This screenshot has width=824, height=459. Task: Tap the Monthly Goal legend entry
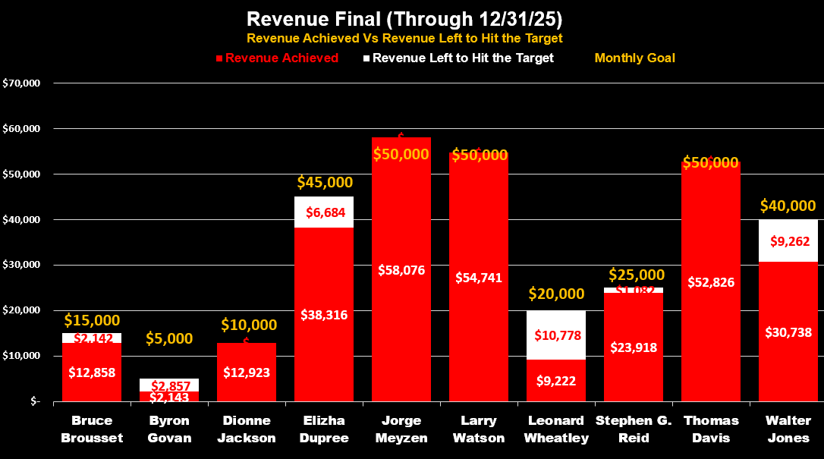(x=634, y=58)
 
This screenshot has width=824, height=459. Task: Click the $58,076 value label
(x=401, y=269)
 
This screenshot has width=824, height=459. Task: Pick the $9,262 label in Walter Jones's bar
(x=789, y=241)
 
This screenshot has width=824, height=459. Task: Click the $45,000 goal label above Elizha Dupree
(x=324, y=182)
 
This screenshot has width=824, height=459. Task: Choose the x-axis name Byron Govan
(x=169, y=429)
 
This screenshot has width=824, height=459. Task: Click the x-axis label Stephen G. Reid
(x=634, y=429)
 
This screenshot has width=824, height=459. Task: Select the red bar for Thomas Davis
(x=711, y=334)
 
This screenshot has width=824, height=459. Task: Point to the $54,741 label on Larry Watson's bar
(x=479, y=277)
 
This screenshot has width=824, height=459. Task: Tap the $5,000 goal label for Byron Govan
(x=169, y=338)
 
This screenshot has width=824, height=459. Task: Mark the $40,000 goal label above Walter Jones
(x=789, y=206)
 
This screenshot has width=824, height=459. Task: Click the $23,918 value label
(x=634, y=347)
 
